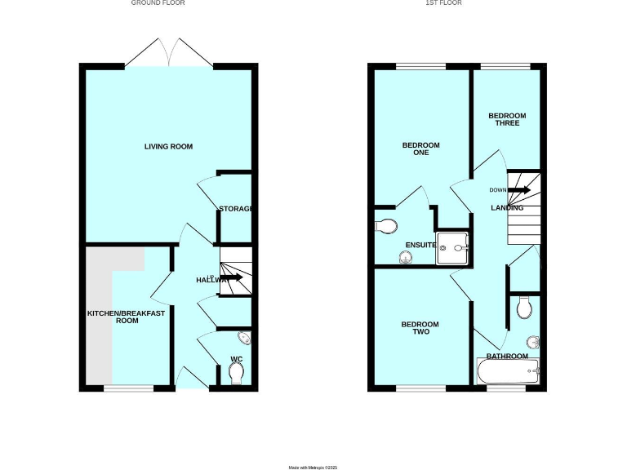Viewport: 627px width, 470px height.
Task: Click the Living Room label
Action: [168, 147]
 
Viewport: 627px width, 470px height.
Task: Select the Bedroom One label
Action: [420, 149]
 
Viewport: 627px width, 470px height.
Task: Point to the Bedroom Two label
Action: [420, 328]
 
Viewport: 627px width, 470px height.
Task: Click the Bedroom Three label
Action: [507, 119]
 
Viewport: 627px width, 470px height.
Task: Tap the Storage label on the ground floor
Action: [235, 210]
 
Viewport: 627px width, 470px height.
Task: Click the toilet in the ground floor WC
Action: [237, 373]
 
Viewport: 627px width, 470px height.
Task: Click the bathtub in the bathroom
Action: [508, 374]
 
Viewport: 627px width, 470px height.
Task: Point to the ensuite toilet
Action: [385, 226]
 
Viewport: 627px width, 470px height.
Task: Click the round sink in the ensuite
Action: [406, 257]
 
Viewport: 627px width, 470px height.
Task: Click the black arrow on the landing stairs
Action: [520, 190]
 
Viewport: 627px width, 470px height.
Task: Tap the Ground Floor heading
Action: [158, 3]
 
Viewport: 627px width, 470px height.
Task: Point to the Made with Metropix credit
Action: [313, 467]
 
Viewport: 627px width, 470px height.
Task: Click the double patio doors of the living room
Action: [169, 53]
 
